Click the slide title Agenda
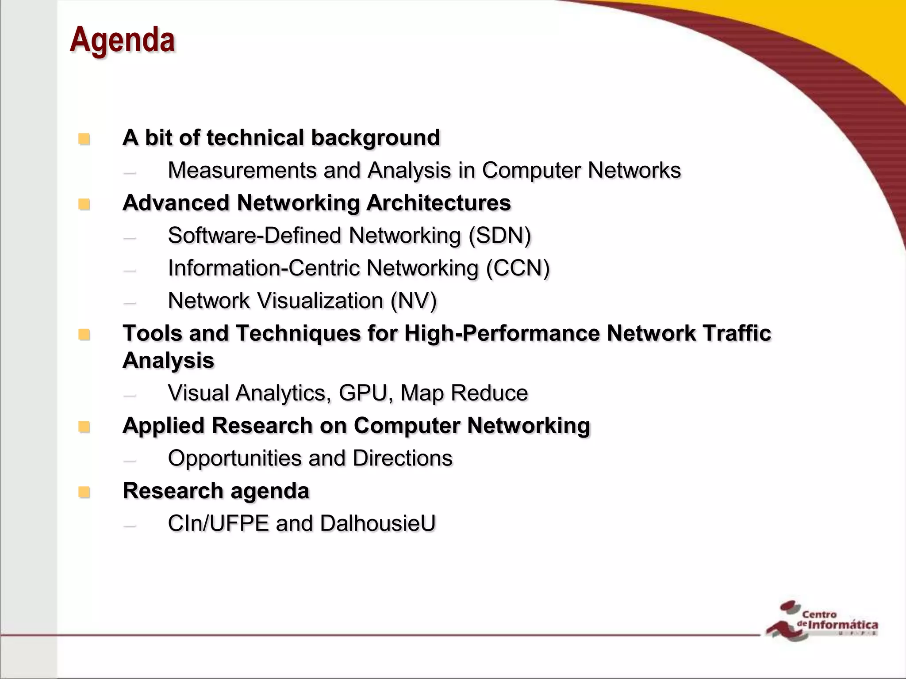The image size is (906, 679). (122, 40)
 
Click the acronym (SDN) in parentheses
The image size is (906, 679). (499, 236)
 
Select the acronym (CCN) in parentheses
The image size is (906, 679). (518, 268)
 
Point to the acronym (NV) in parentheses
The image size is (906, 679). (413, 301)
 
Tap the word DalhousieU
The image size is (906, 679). (377, 523)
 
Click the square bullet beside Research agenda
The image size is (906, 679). (84, 492)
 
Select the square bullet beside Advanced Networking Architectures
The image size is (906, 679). (84, 204)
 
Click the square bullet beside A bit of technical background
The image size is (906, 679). (84, 139)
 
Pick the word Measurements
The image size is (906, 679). (242, 170)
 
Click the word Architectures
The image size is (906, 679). (438, 203)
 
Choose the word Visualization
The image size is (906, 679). (320, 301)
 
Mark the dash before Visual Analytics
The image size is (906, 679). (130, 394)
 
